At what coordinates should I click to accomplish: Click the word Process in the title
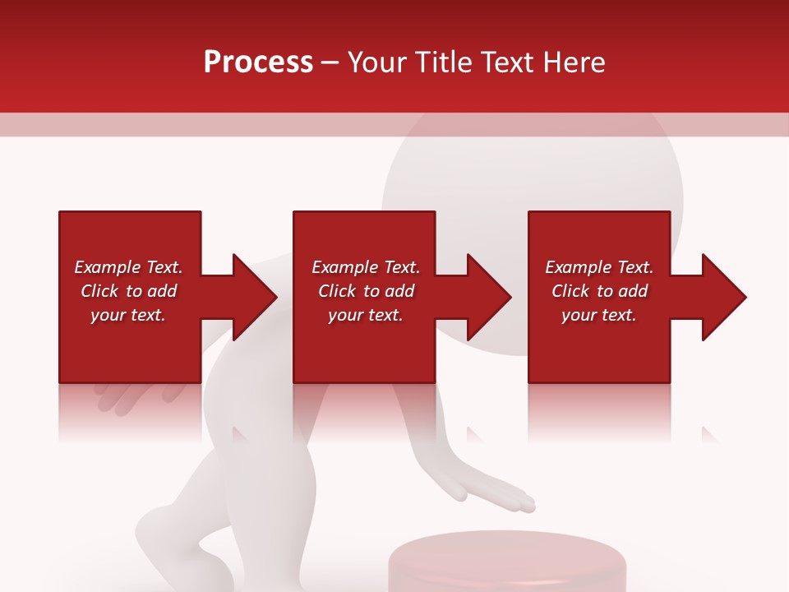coord(258,62)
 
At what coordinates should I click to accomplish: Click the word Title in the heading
coord(444,62)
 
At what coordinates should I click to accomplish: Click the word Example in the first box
coord(108,267)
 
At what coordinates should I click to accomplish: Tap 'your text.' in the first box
coord(128,315)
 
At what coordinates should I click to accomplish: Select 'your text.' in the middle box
coord(366,315)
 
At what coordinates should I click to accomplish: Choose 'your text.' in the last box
coord(599,315)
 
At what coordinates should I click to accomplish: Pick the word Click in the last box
coord(571,291)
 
